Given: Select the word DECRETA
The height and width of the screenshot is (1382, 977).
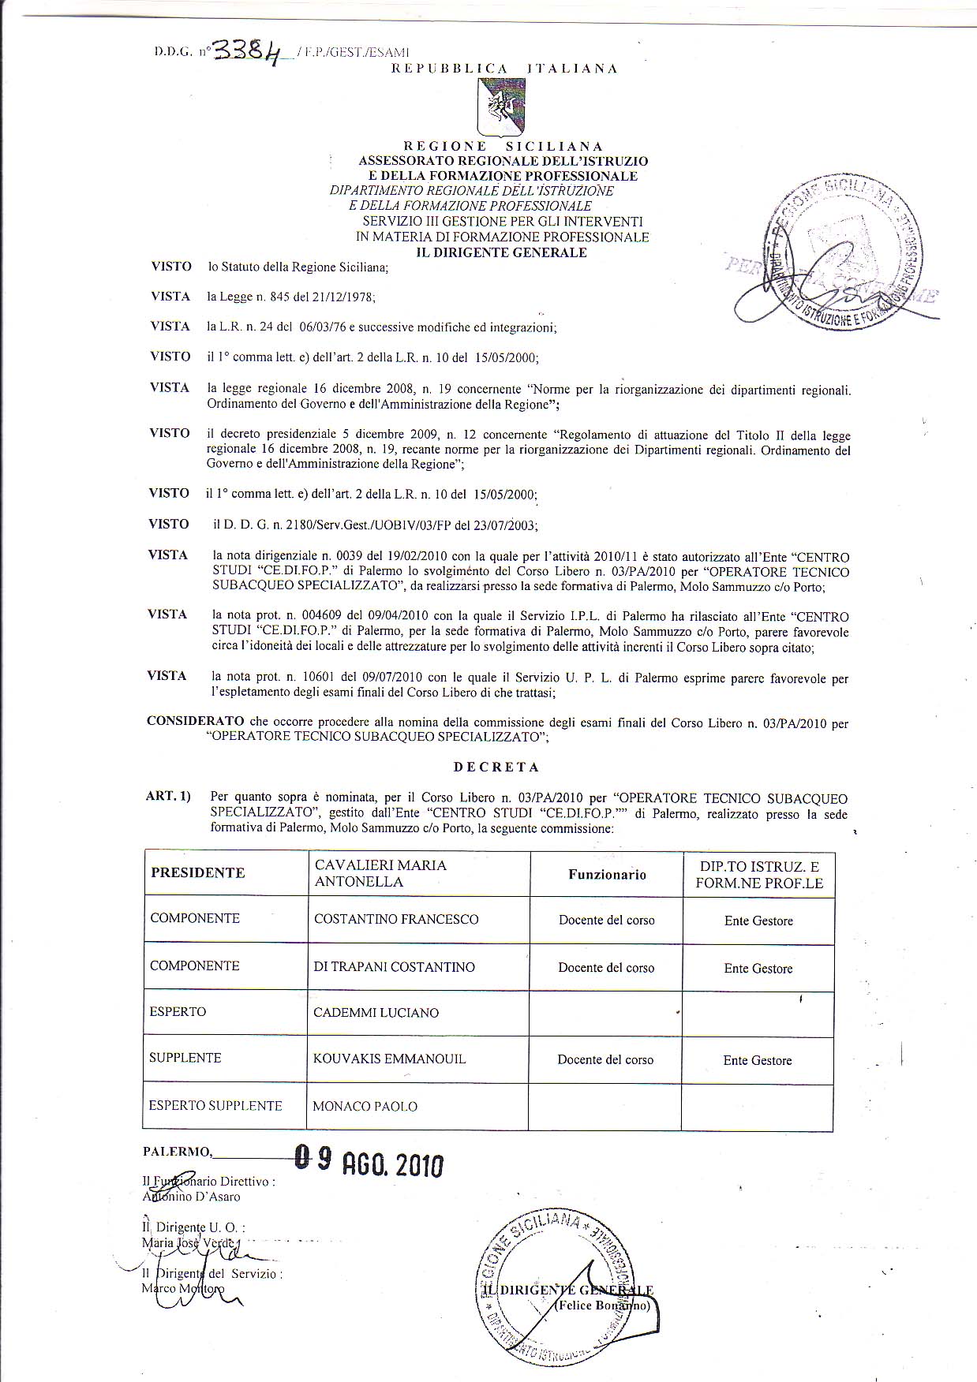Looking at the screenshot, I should coord(496,766).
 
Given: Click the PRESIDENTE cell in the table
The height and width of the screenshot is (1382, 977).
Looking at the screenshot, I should coord(198,872).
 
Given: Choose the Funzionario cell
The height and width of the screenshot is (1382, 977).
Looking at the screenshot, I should coord(607,874).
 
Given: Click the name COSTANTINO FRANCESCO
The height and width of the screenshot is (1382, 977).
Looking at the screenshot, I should coord(396,919).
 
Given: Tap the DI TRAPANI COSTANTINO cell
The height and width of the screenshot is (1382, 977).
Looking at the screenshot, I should coord(394,967).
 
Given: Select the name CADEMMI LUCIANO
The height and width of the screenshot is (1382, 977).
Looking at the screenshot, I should coord(376,1013).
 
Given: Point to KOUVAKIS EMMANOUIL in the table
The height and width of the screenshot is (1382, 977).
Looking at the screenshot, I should coord(389,1059).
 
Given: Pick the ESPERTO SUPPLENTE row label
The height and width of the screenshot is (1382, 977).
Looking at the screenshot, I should coord(215,1105).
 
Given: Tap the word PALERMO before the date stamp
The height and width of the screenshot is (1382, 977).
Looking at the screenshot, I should coord(177,1151).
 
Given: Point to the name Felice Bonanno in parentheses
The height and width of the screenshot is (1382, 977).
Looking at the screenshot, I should coord(605,1305).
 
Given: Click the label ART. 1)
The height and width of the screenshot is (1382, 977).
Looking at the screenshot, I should coord(168,796).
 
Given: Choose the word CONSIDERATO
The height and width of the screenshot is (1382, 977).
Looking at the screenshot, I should coord(195,721).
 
